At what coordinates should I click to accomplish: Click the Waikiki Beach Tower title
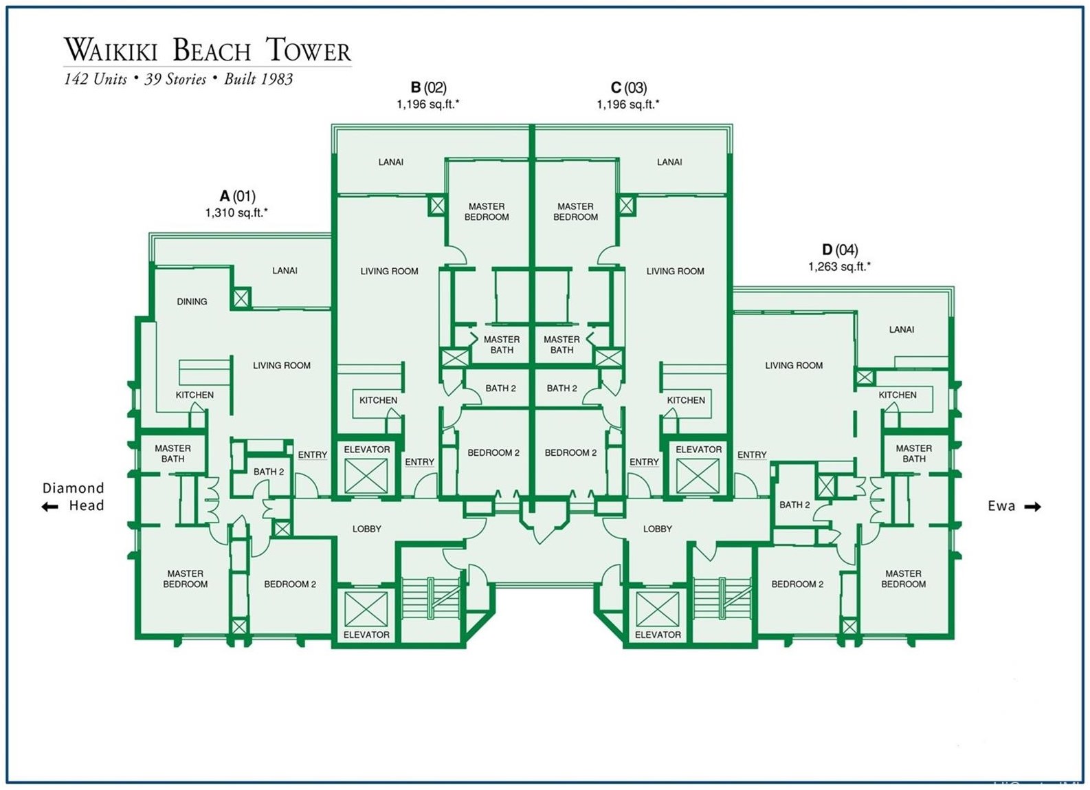click(208, 51)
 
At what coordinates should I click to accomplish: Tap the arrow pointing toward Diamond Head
click(49, 507)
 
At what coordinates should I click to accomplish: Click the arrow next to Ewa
click(1033, 507)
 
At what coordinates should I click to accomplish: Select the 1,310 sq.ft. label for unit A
click(236, 213)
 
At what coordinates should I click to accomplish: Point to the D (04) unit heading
click(839, 250)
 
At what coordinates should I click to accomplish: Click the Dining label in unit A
click(192, 301)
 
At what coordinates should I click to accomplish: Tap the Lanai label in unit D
click(901, 329)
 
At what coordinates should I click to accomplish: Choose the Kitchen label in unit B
click(378, 400)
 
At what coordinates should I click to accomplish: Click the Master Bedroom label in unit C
click(575, 212)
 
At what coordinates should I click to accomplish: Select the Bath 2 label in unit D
click(794, 505)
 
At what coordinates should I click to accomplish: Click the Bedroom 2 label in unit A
click(290, 584)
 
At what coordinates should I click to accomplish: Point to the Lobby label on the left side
click(366, 529)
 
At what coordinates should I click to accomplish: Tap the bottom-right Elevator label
click(658, 635)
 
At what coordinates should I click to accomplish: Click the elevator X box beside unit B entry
click(366, 476)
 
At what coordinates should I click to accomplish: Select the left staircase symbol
click(430, 598)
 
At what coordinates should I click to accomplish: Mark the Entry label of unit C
click(644, 462)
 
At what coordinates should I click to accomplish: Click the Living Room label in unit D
click(794, 365)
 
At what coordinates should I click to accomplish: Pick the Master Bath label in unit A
click(173, 453)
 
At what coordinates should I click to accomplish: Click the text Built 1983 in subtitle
click(258, 79)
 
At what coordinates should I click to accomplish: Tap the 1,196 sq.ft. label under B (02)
click(427, 105)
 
